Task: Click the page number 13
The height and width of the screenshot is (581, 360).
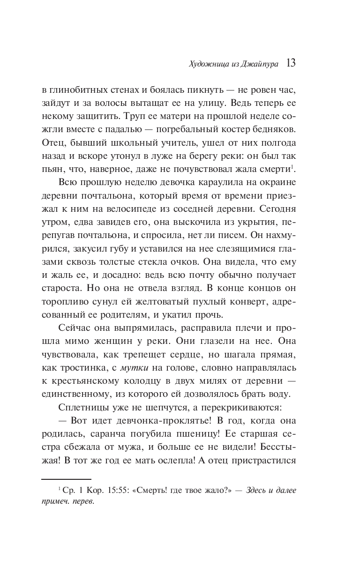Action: click(x=290, y=64)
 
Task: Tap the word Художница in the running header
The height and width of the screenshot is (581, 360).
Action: click(x=204, y=65)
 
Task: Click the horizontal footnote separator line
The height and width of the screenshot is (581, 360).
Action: click(x=66, y=479)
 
